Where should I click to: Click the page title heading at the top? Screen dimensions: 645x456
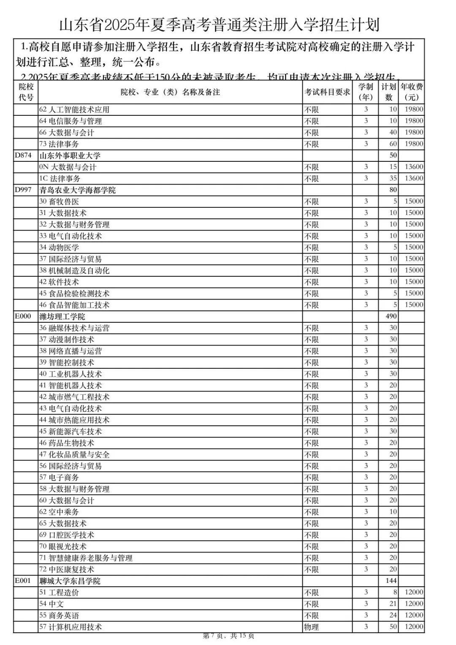click(x=219, y=25)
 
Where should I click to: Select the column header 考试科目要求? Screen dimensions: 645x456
click(x=328, y=92)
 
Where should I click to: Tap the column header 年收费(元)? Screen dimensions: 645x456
click(x=412, y=92)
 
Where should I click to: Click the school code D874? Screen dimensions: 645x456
click(x=23, y=155)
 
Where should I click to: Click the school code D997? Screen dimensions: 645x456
click(x=23, y=190)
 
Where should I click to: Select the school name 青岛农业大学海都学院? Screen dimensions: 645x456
click(x=78, y=190)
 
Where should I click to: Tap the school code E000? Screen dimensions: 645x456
click(x=23, y=316)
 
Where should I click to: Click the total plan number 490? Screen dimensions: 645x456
click(x=391, y=316)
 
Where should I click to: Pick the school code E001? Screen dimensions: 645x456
click(x=23, y=581)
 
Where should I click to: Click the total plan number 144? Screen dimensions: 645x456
click(x=391, y=581)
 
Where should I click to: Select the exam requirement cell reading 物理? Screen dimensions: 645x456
click(x=312, y=627)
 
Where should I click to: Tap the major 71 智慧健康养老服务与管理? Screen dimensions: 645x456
click(x=86, y=558)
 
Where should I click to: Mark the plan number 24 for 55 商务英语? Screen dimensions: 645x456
click(x=393, y=615)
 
